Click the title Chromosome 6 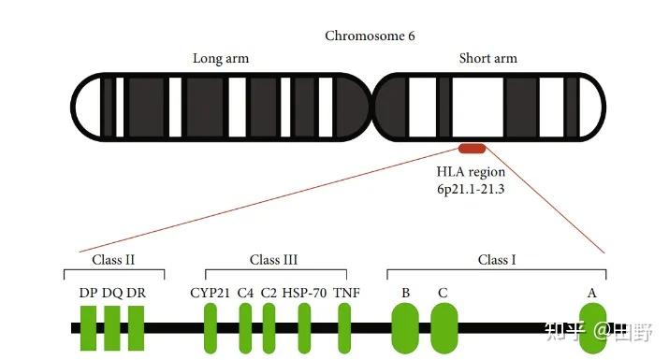370,36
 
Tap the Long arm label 221,58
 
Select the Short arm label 487,58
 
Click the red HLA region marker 471,148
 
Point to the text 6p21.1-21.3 471,190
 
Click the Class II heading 114,259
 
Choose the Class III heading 274,259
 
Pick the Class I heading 497,259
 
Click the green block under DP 89,328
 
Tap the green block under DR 137,328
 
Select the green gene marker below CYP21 211,328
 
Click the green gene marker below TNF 344,328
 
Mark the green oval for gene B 405,328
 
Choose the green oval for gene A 592,328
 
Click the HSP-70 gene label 305,293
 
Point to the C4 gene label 246,293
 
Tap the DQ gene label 113,293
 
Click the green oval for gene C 444,328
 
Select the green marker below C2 269,328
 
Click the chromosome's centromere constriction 372,108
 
